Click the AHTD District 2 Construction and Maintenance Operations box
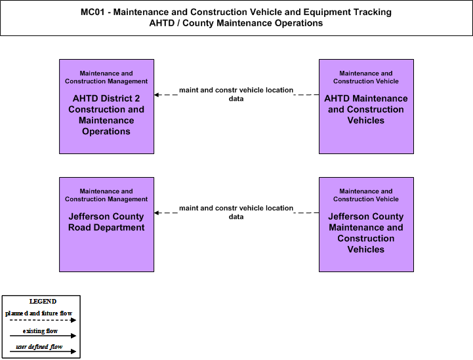pos(106,106)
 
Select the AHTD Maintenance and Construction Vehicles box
pos(366,106)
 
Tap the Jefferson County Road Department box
pos(106,225)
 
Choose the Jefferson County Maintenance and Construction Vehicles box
pos(366,225)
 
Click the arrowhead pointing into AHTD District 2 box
pos(157,94)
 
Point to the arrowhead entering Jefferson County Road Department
pos(157,213)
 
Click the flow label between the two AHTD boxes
pos(236,94)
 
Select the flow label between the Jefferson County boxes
pos(236,212)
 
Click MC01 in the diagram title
pos(93,12)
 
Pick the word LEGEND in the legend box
pos(43,302)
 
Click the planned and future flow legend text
pos(39,313)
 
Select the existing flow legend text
pos(40,331)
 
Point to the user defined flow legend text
pos(39,347)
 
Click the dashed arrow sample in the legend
pos(43,320)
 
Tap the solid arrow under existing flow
pos(43,336)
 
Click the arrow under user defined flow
pos(43,351)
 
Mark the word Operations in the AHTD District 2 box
pos(106,131)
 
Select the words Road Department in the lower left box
pos(106,228)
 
